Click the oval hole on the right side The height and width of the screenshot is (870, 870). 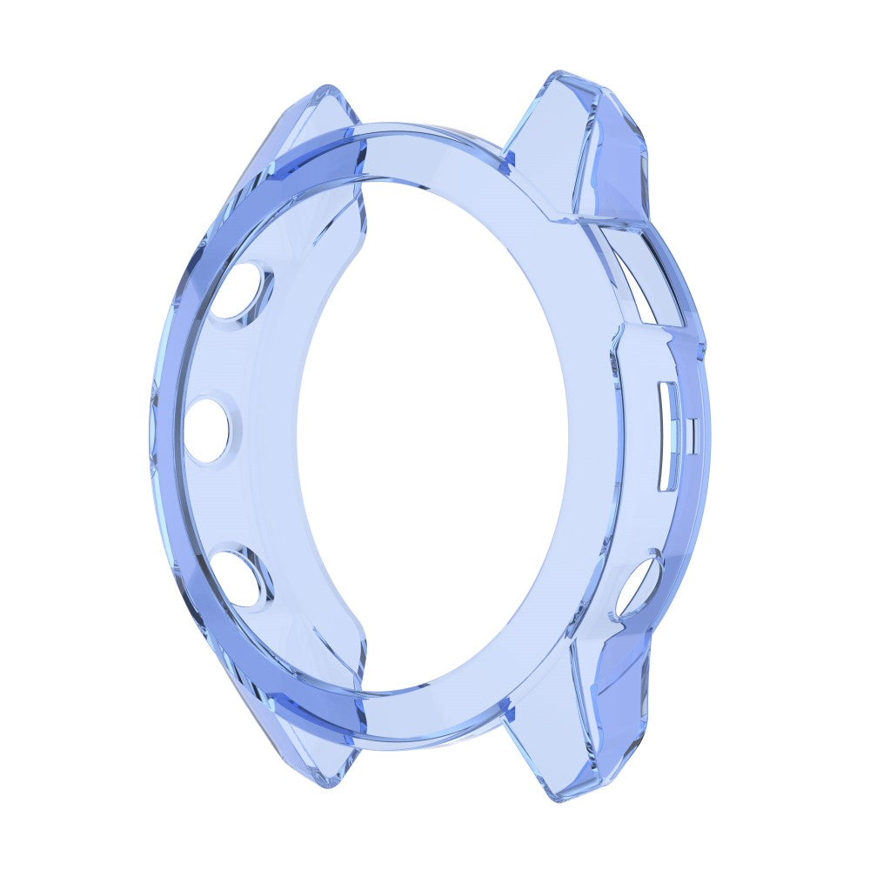coord(639,588)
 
